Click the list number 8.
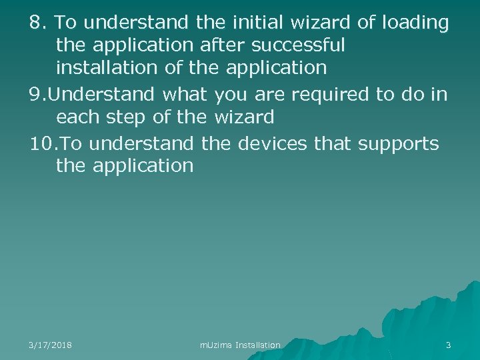pyautogui.click(x=39, y=23)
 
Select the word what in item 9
pyautogui.click(x=183, y=95)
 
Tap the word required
pyautogui.click(x=330, y=95)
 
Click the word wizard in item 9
pyautogui.click(x=244, y=118)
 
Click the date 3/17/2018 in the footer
pyautogui.click(x=51, y=345)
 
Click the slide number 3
pyautogui.click(x=448, y=345)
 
